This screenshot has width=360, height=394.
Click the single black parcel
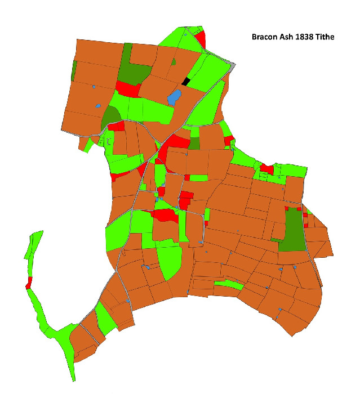[x=186, y=82]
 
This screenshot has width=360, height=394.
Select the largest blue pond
[x=175, y=97]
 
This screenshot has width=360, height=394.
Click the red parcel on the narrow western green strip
[x=29, y=283]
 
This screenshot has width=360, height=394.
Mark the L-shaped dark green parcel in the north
[x=132, y=70]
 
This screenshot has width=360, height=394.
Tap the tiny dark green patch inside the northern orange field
[x=174, y=61]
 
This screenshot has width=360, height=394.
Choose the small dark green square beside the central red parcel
[x=194, y=143]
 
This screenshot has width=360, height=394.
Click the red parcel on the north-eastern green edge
[x=266, y=169]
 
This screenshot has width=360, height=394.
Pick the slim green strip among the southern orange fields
[x=228, y=285]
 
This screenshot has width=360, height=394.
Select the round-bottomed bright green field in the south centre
[x=170, y=261]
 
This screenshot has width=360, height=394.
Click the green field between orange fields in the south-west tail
[x=105, y=318]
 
